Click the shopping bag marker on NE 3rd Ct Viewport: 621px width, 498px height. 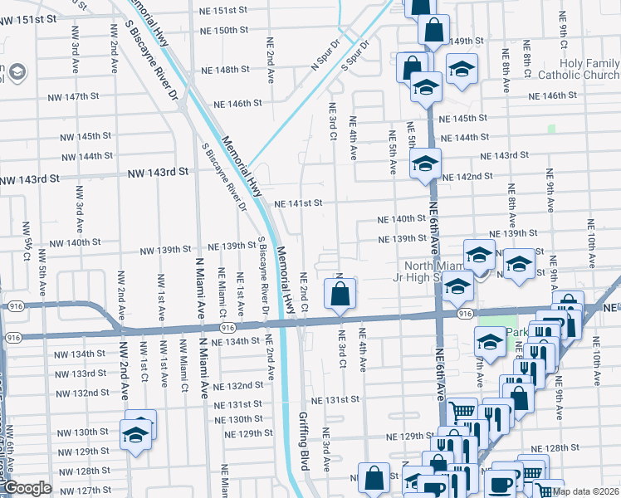(x=340, y=294)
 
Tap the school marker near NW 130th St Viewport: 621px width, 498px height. (x=134, y=433)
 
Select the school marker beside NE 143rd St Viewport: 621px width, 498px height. (x=424, y=164)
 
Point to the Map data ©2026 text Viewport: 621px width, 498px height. (x=586, y=491)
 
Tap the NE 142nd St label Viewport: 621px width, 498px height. (x=468, y=177)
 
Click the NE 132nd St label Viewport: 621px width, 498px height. (x=237, y=387)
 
